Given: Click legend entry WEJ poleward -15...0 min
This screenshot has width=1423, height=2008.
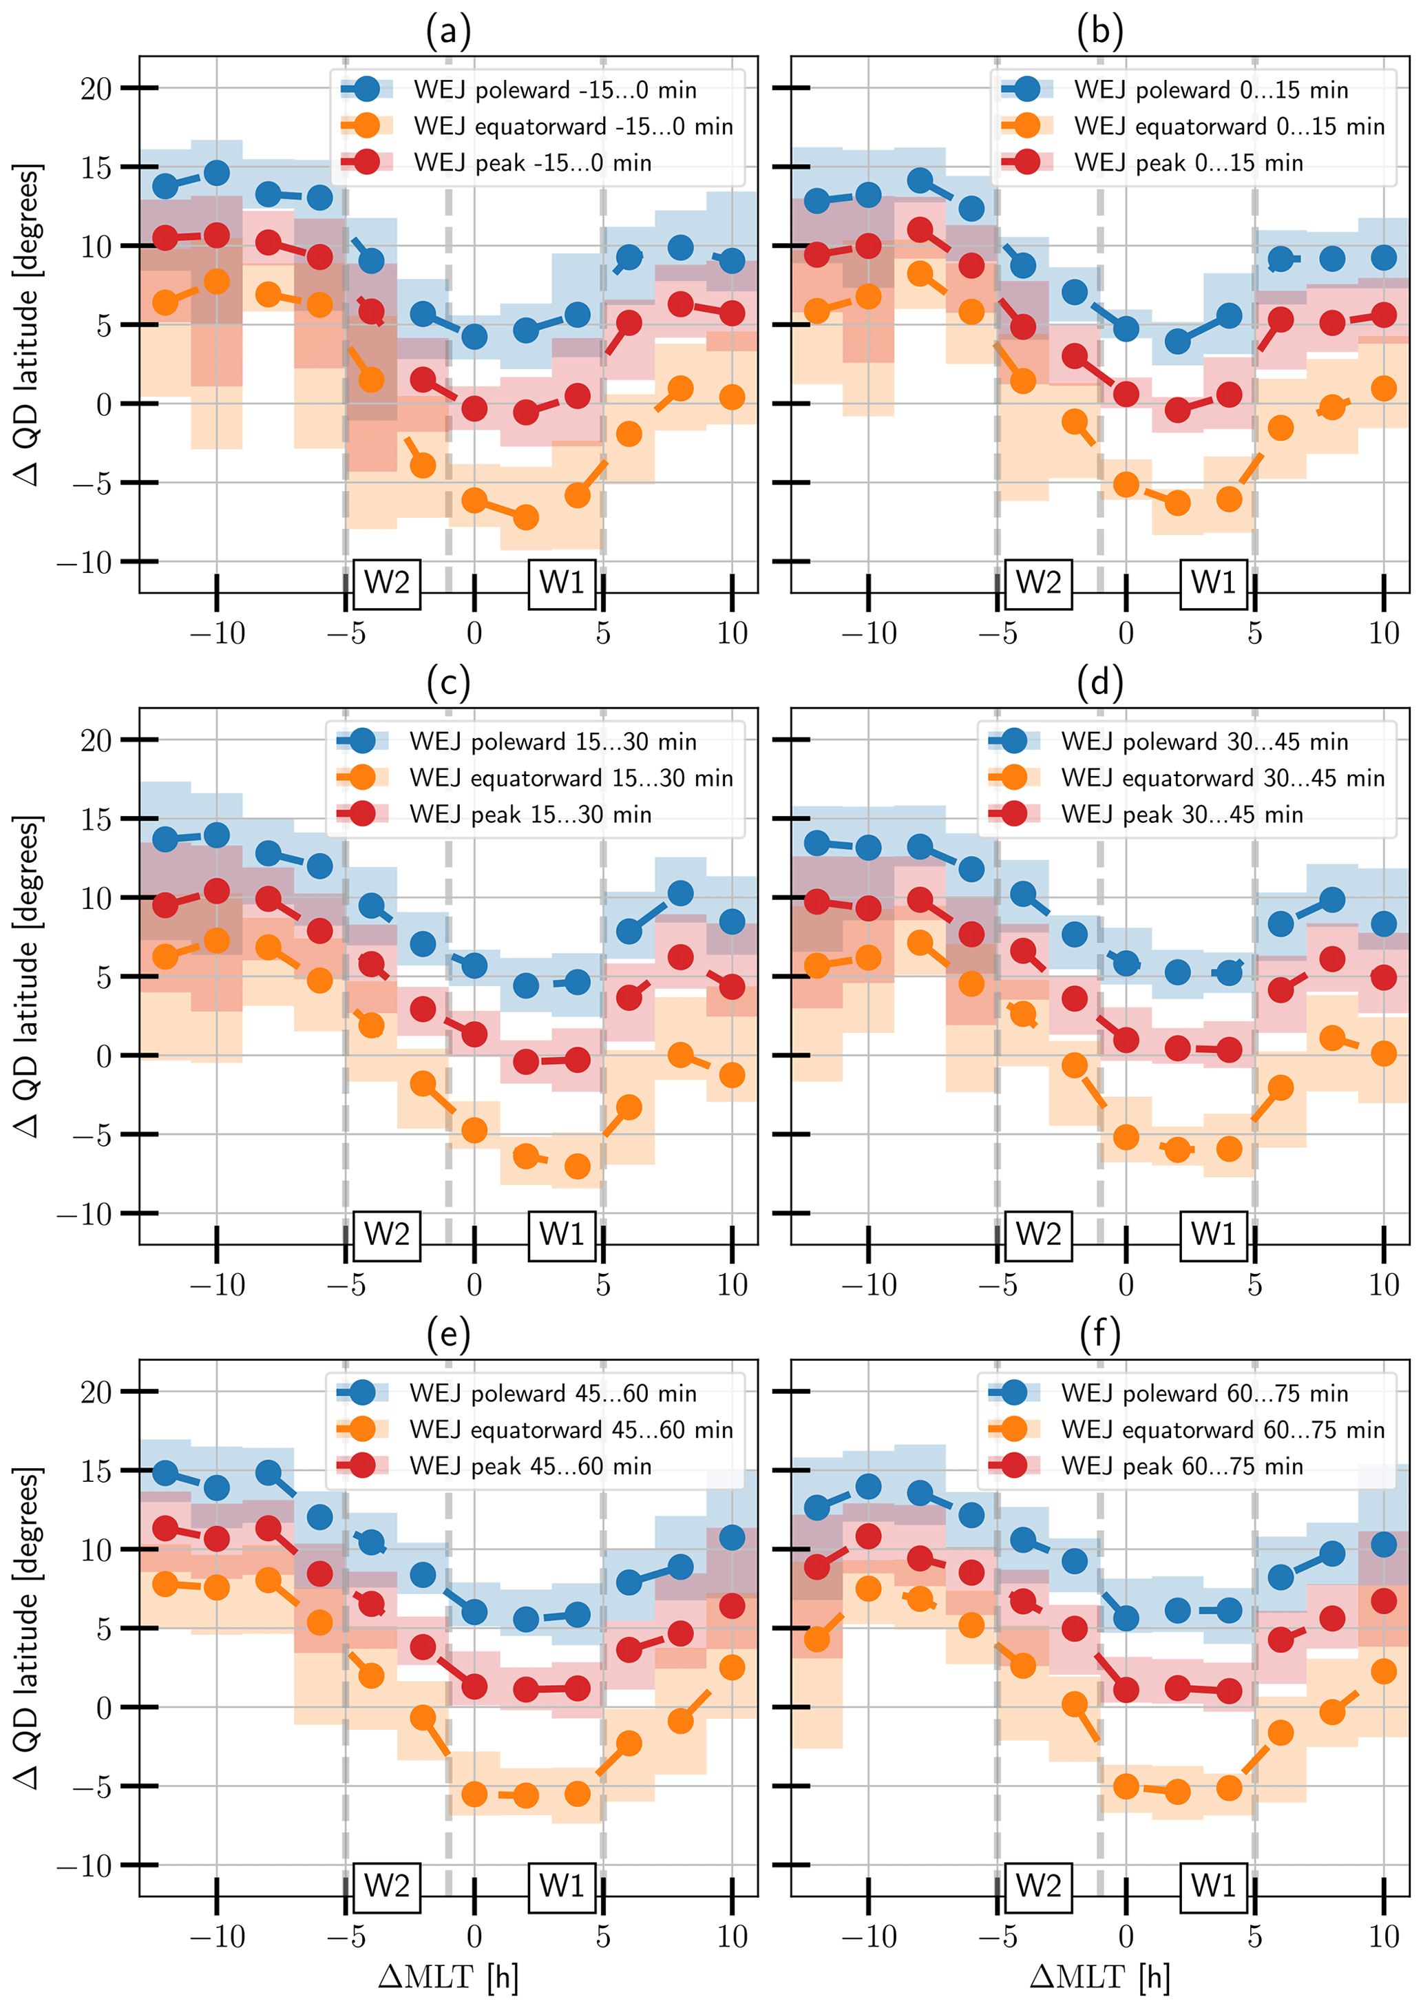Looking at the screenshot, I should [x=555, y=90].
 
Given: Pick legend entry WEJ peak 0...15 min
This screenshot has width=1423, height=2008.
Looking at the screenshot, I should [x=1188, y=163].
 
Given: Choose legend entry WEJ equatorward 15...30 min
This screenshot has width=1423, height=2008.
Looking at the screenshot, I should [x=571, y=777].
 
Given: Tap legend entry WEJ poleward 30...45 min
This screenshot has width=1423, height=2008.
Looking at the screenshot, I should [x=1204, y=742].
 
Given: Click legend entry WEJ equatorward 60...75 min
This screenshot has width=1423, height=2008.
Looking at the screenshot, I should [x=1223, y=1430].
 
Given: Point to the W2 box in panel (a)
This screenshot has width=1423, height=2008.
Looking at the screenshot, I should [x=386, y=583].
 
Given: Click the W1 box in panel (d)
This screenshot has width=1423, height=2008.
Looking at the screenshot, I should [x=1213, y=1234].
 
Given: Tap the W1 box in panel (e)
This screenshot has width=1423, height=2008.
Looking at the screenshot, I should [x=562, y=1885].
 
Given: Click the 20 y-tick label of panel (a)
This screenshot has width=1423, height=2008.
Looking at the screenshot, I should [x=96, y=89].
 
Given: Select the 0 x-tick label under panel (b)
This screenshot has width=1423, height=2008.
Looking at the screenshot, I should [x=1126, y=633].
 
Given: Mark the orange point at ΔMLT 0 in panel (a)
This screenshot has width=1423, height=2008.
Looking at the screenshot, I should [x=474, y=501].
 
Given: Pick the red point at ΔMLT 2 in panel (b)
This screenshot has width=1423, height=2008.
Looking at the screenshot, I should [x=1178, y=409].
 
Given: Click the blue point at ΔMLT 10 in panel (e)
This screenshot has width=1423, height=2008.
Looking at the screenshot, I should [x=732, y=1538].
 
